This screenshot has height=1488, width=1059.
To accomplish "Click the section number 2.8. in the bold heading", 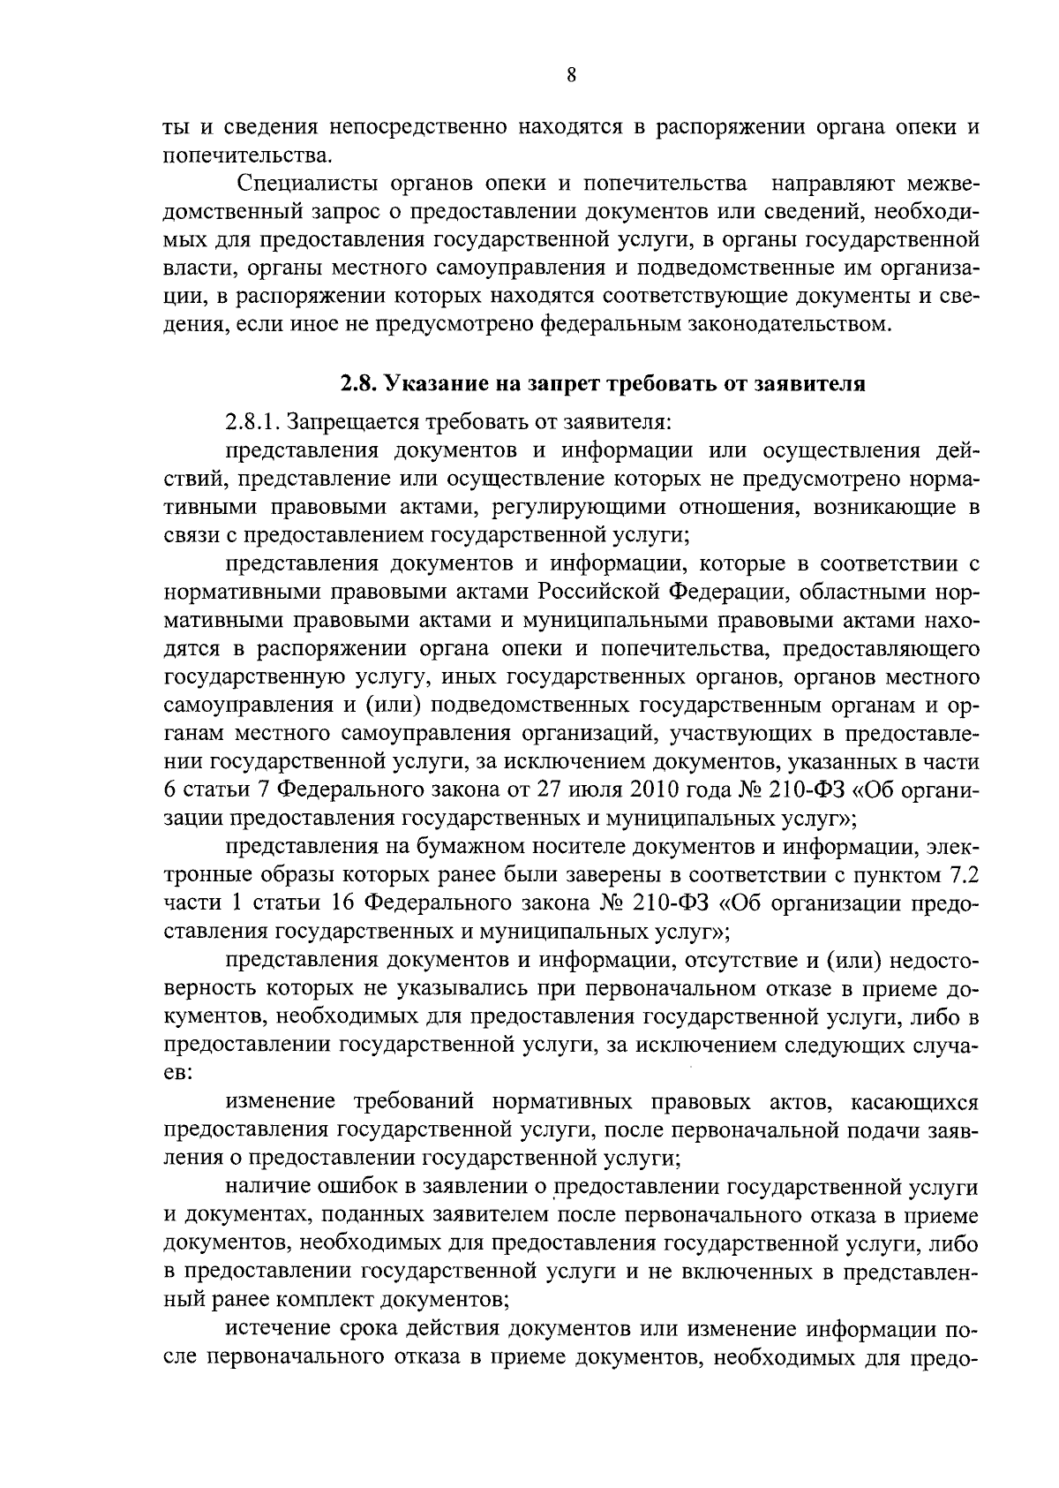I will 358,384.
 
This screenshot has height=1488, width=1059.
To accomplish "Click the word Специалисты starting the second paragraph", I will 300,185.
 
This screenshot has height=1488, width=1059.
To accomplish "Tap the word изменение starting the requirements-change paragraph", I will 281,1101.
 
